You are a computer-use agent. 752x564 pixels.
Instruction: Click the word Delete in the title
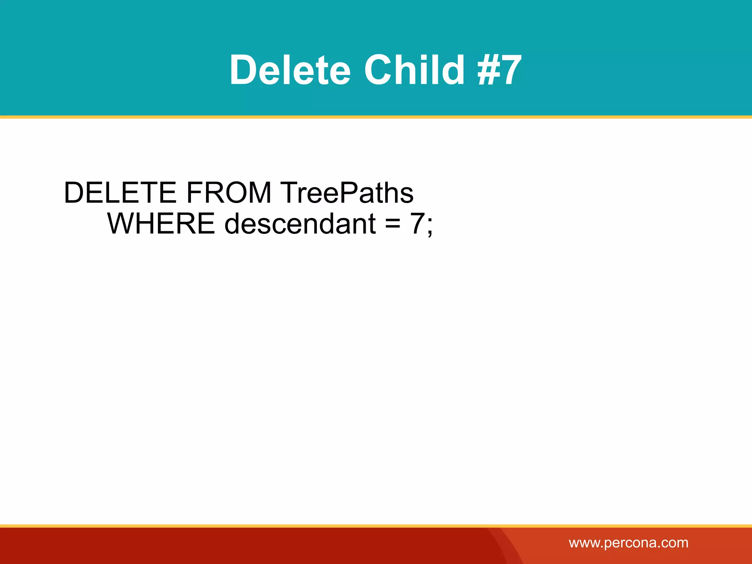coord(290,70)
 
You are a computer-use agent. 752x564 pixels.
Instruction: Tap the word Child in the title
coord(415,70)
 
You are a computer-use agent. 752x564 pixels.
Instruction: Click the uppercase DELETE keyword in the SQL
coord(120,193)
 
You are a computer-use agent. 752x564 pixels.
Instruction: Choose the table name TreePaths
coord(347,193)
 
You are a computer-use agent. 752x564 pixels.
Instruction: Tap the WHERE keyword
coord(161,224)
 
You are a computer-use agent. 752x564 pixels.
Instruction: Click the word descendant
coord(300,224)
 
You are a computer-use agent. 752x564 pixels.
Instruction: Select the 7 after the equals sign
coord(417,224)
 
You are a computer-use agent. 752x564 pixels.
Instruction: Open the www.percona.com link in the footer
coord(628,543)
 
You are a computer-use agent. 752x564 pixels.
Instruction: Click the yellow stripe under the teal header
coord(376,117)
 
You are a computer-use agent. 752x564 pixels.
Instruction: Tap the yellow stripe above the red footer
coord(376,526)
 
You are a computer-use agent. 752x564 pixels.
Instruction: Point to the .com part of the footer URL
coord(674,543)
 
